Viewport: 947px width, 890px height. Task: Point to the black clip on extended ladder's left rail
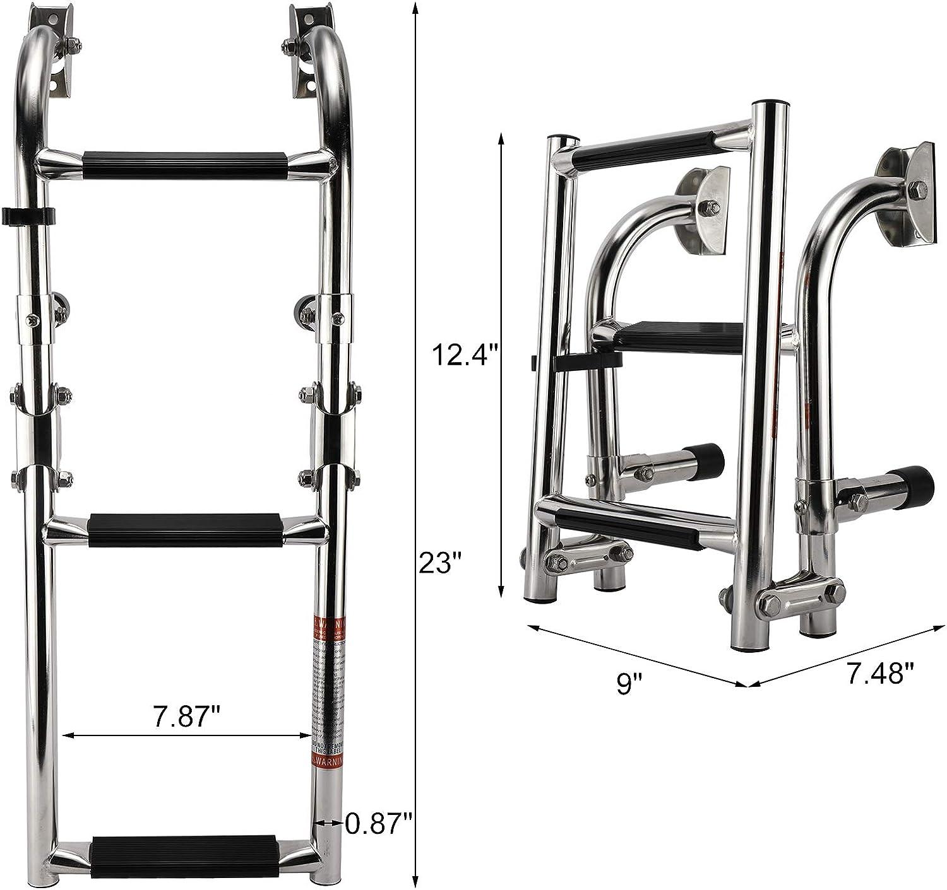[x=28, y=216]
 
